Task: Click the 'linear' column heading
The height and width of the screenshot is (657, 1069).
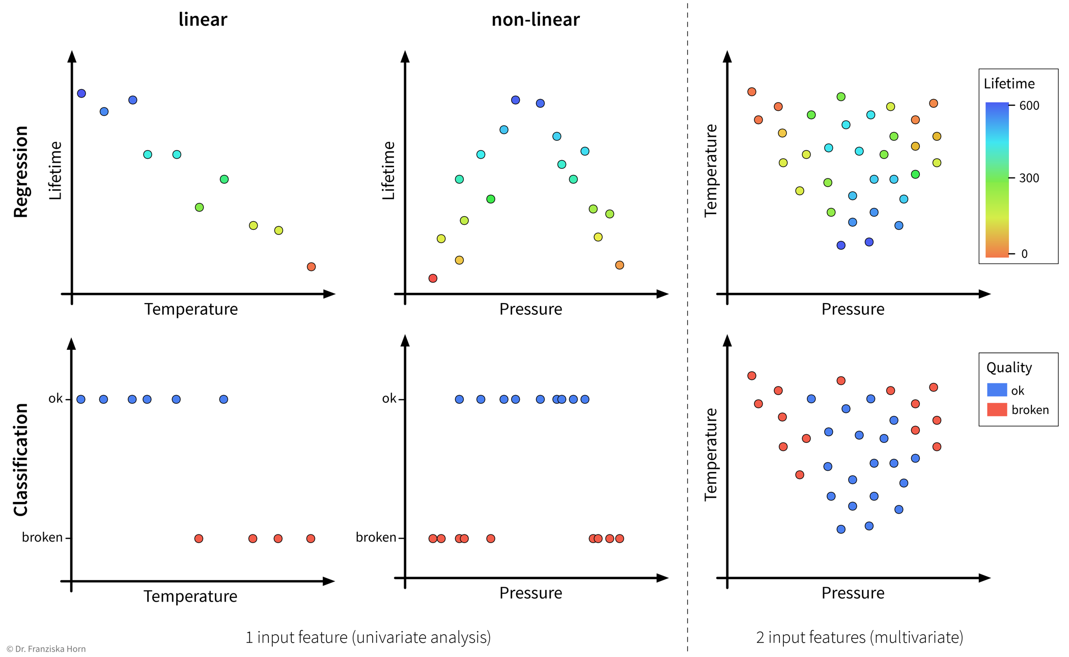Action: [x=203, y=19]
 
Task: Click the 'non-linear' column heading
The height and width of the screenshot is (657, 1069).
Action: [x=535, y=19]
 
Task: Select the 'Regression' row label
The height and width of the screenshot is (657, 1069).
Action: [x=21, y=172]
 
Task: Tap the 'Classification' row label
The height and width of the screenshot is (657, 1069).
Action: [x=21, y=459]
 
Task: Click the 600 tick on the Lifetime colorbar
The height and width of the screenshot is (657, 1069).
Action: [x=1029, y=105]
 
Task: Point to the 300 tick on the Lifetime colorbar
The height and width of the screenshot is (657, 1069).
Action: [x=1029, y=178]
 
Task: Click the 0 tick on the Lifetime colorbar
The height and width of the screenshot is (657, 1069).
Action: [x=1024, y=253]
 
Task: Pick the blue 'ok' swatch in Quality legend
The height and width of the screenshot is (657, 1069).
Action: [x=997, y=390]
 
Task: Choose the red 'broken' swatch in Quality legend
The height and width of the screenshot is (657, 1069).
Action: [x=997, y=409]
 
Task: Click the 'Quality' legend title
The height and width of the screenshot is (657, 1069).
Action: [x=1009, y=367]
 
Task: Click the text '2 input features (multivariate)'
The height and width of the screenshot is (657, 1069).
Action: [x=859, y=637]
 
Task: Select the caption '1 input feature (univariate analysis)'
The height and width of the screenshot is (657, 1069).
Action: [x=368, y=637]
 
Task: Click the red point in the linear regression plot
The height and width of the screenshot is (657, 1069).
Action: [x=311, y=266]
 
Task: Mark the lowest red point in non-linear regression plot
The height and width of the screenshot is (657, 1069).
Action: [x=433, y=278]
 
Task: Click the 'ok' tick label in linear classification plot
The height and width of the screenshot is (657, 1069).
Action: [x=55, y=399]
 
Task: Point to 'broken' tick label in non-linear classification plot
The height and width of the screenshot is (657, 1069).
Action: [x=376, y=537]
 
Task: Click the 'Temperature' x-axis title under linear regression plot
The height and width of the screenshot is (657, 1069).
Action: [x=191, y=309]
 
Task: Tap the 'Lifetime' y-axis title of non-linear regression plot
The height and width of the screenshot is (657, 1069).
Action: [x=388, y=170]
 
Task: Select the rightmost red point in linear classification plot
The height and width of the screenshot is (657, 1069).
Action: [x=311, y=539]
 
